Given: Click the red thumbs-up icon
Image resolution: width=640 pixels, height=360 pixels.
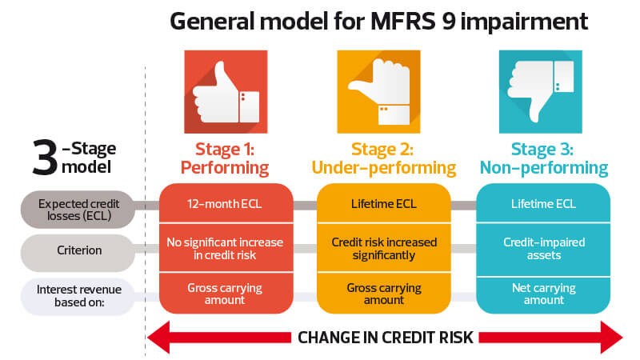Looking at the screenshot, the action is click(226, 91).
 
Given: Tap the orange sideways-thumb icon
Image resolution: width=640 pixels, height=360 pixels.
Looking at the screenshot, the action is click(378, 91).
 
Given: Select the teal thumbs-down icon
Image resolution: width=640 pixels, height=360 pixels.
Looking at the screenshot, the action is click(541, 91).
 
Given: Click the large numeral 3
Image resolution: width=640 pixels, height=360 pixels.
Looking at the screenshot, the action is click(45, 158).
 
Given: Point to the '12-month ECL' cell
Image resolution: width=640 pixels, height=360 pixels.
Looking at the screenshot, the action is click(225, 204).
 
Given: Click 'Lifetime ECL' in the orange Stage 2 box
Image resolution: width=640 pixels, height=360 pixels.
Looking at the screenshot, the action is click(384, 204).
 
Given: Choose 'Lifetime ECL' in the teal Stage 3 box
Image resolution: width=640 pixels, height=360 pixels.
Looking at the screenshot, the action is click(543, 204).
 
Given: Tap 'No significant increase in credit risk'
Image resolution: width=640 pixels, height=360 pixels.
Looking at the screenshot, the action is click(225, 249).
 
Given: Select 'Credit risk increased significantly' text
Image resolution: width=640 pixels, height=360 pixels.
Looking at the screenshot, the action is click(384, 249).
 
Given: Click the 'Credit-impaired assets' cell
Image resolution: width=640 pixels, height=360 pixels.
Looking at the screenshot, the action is click(544, 249).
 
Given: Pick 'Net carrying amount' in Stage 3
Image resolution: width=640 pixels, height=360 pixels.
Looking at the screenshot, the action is click(544, 294).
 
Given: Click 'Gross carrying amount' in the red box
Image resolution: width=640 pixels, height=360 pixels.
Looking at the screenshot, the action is click(225, 294).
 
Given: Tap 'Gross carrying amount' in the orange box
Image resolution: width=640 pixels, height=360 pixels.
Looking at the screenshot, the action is click(384, 294).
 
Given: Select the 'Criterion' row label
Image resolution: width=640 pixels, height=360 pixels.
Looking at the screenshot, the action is click(79, 250).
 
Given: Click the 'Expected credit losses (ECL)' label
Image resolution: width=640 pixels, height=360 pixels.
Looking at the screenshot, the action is click(78, 210).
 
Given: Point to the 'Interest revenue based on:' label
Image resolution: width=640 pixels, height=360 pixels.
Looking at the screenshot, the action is click(79, 295).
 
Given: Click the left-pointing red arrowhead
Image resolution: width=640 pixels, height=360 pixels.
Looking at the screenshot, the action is click(158, 337).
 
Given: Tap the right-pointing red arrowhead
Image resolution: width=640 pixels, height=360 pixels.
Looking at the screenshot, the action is click(611, 337).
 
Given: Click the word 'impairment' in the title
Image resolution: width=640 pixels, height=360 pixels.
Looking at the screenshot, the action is click(524, 22).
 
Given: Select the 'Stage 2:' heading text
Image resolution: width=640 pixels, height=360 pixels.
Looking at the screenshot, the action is click(382, 149).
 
